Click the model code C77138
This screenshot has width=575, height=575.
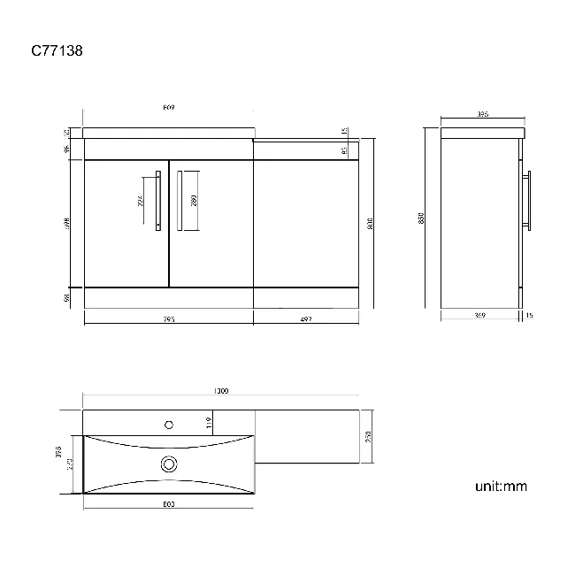(57, 51)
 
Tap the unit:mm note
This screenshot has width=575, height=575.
(501, 486)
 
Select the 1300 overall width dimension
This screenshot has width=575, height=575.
(221, 391)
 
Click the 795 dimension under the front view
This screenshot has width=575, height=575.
(169, 319)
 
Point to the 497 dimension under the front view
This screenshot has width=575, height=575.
(306, 319)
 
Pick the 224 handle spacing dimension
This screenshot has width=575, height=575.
(142, 200)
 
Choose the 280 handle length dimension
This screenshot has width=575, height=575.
(194, 200)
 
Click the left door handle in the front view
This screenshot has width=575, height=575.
(157, 200)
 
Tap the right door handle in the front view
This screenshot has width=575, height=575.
(179, 200)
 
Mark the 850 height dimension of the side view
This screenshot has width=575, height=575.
(423, 217)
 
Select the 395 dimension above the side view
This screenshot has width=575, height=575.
(483, 115)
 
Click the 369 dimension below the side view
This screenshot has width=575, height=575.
(479, 315)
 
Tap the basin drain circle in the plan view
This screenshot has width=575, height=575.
(168, 463)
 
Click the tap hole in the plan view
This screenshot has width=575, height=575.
(168, 425)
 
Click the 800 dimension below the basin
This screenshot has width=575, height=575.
(168, 504)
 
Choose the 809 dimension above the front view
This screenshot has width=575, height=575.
(168, 109)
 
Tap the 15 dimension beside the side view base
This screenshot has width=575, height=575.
(529, 315)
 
